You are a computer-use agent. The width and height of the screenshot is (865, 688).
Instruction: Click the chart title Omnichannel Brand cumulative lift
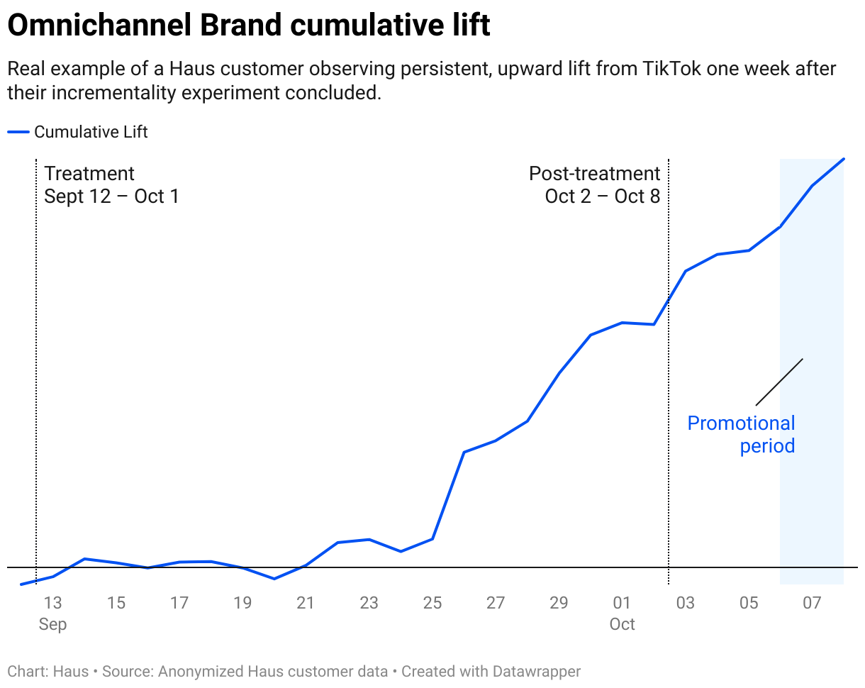248,26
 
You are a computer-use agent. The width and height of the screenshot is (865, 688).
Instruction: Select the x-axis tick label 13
53,603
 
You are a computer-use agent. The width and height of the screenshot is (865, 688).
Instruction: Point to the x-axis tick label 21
306,603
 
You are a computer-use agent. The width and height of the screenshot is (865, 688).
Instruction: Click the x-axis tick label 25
432,603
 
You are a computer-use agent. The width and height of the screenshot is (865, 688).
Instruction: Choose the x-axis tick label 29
559,603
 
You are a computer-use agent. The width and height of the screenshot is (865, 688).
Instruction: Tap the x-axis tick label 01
622,603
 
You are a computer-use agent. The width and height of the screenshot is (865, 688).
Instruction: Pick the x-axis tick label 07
812,603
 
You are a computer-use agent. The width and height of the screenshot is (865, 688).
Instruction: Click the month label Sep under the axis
53,625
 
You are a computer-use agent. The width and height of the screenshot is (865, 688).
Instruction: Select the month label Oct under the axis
622,625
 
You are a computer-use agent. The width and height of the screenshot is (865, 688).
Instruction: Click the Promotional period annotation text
742,435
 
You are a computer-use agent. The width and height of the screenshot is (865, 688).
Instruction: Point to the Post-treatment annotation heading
594,174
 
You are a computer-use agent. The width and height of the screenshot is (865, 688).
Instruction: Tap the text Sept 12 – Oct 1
111,196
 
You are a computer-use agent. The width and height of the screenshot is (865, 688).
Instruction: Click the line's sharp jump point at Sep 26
464,452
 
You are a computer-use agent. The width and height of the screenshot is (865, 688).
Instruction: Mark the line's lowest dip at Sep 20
274,579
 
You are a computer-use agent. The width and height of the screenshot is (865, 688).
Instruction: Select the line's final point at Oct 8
844,159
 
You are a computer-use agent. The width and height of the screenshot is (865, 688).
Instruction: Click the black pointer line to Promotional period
779,382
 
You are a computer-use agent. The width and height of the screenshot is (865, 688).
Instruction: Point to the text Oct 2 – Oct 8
602,196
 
